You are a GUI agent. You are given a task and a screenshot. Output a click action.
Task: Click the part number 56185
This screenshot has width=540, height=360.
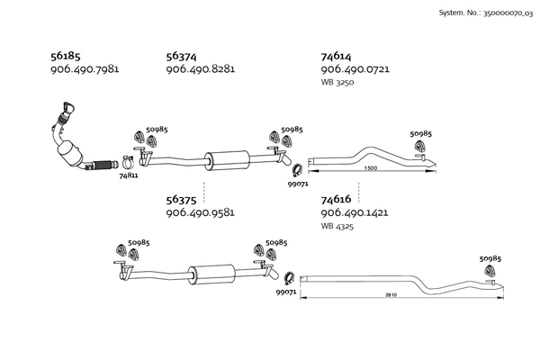coord(66,56)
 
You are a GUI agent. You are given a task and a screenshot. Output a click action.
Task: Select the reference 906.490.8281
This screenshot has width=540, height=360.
coord(201,69)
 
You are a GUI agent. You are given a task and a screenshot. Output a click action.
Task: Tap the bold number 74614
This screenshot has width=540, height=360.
coord(336,56)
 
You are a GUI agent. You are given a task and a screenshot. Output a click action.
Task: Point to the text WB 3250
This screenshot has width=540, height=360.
coord(337,82)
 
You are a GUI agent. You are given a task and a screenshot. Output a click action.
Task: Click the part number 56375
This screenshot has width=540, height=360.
coord(181,200)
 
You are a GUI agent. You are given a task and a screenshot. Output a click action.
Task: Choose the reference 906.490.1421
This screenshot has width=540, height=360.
coord(355,212)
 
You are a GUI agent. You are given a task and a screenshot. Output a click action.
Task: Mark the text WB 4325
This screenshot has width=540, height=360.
coord(337,226)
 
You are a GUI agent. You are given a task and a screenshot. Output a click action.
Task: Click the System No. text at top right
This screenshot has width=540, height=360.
coord(486,13)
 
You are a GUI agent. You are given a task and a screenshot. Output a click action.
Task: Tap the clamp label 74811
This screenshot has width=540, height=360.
coord(129,175)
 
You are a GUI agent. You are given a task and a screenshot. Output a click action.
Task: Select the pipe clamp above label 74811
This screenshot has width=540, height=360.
coord(128,162)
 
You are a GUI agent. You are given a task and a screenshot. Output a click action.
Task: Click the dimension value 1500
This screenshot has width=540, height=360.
coord(371,168)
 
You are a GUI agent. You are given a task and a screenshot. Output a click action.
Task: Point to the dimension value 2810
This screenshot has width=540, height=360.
coord(391,295)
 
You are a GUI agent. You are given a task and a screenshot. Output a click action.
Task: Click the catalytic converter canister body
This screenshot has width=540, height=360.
coord(71,153)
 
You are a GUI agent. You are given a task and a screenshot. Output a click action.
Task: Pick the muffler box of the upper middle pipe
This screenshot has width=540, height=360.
coord(227,160)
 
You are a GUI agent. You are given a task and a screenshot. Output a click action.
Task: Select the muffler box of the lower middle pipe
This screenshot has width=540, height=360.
coord(211,274)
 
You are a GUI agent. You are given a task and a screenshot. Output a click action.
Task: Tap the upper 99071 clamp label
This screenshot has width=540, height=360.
coord(298,184)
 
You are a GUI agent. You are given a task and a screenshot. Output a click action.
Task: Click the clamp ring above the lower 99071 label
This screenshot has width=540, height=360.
coord(289,278)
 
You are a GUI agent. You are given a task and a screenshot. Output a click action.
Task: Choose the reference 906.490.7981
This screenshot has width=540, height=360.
coord(85,69)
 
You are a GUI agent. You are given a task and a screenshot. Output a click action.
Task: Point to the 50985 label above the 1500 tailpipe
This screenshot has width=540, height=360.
coord(420,134)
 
